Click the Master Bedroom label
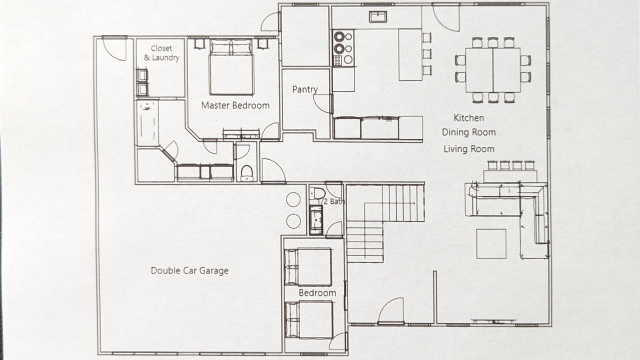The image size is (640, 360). [x=235, y=105]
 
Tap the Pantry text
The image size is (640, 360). [x=305, y=89]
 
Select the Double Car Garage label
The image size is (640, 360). [x=189, y=270]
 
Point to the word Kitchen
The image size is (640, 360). [x=468, y=118]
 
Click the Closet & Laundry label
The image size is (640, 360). [x=161, y=53]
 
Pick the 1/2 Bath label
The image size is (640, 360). [x=331, y=201]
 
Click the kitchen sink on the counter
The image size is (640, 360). [x=377, y=17]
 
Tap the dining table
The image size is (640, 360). [x=493, y=70]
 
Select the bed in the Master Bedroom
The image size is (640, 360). [x=231, y=67]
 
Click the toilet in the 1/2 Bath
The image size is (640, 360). [x=317, y=193]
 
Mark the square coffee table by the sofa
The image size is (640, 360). [x=491, y=243]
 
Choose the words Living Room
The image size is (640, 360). [x=469, y=149]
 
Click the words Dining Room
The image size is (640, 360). [x=468, y=132]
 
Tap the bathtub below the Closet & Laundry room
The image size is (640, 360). [x=147, y=123]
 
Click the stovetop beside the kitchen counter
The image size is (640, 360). [x=343, y=48]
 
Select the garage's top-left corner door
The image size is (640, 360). [x=114, y=48]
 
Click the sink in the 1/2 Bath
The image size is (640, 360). [x=316, y=219]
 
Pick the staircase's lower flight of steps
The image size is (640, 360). [x=365, y=241]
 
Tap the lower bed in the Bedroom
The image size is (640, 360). [x=309, y=319]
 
